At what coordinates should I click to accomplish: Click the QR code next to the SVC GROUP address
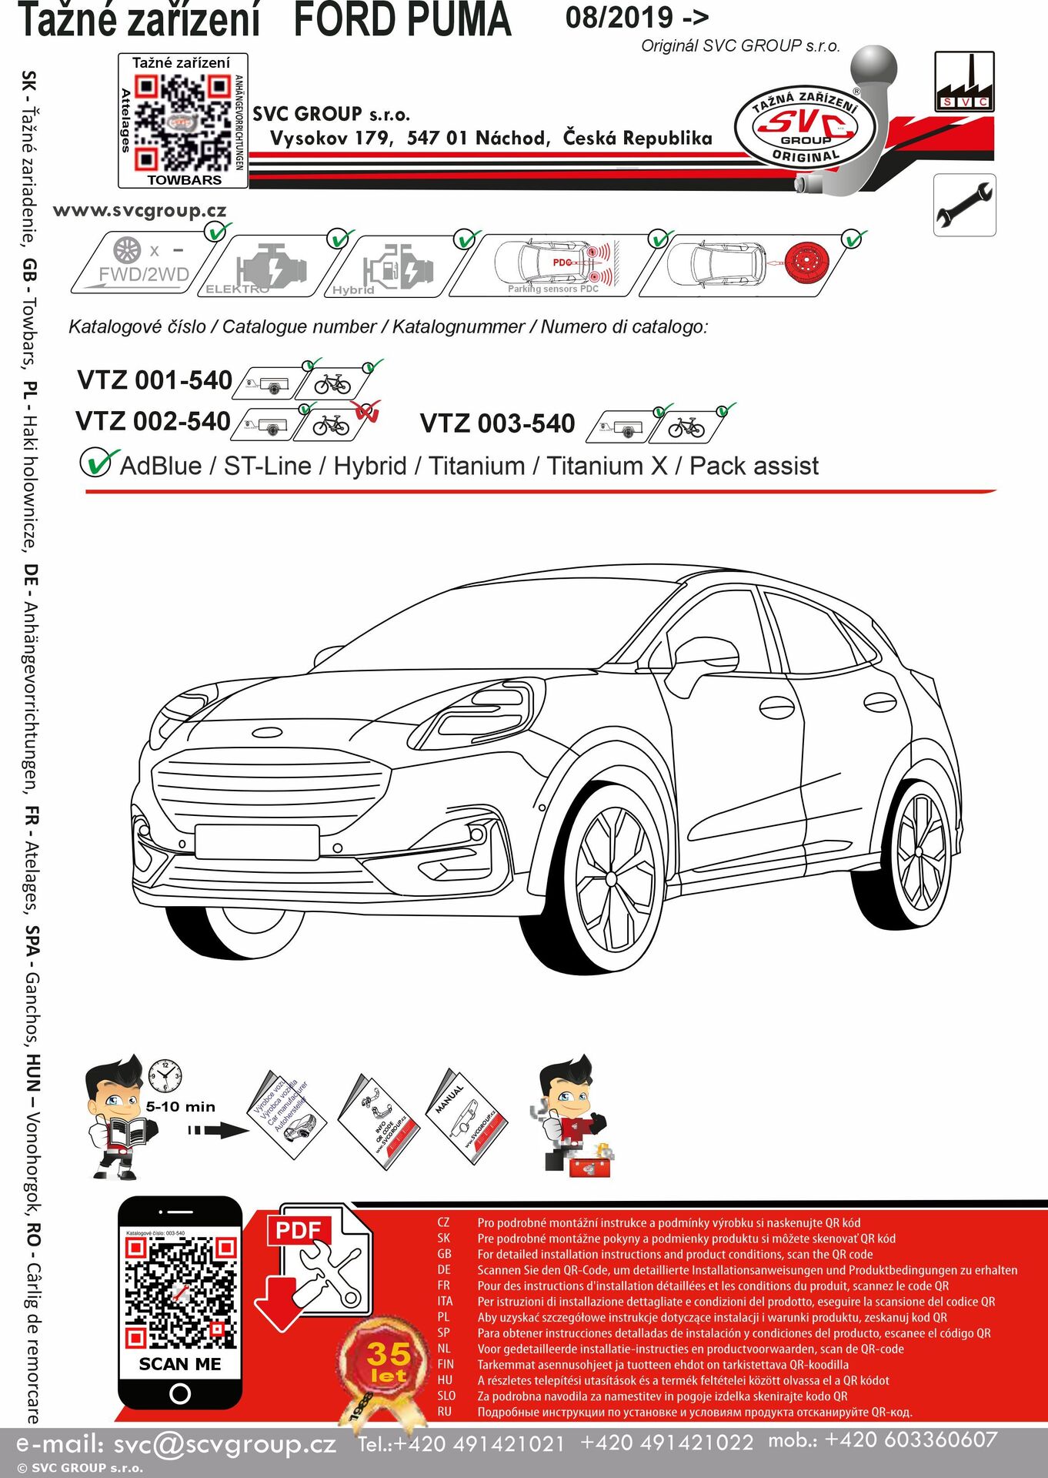(x=182, y=122)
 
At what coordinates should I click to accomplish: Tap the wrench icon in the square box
(x=964, y=205)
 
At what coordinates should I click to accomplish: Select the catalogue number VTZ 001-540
(x=155, y=380)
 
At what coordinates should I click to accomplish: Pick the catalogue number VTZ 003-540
(x=497, y=423)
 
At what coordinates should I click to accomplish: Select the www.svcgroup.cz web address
(x=139, y=211)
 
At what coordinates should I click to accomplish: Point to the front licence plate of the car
(x=257, y=841)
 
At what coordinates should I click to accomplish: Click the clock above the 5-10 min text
(x=165, y=1075)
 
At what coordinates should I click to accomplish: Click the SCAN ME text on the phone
(x=180, y=1364)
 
